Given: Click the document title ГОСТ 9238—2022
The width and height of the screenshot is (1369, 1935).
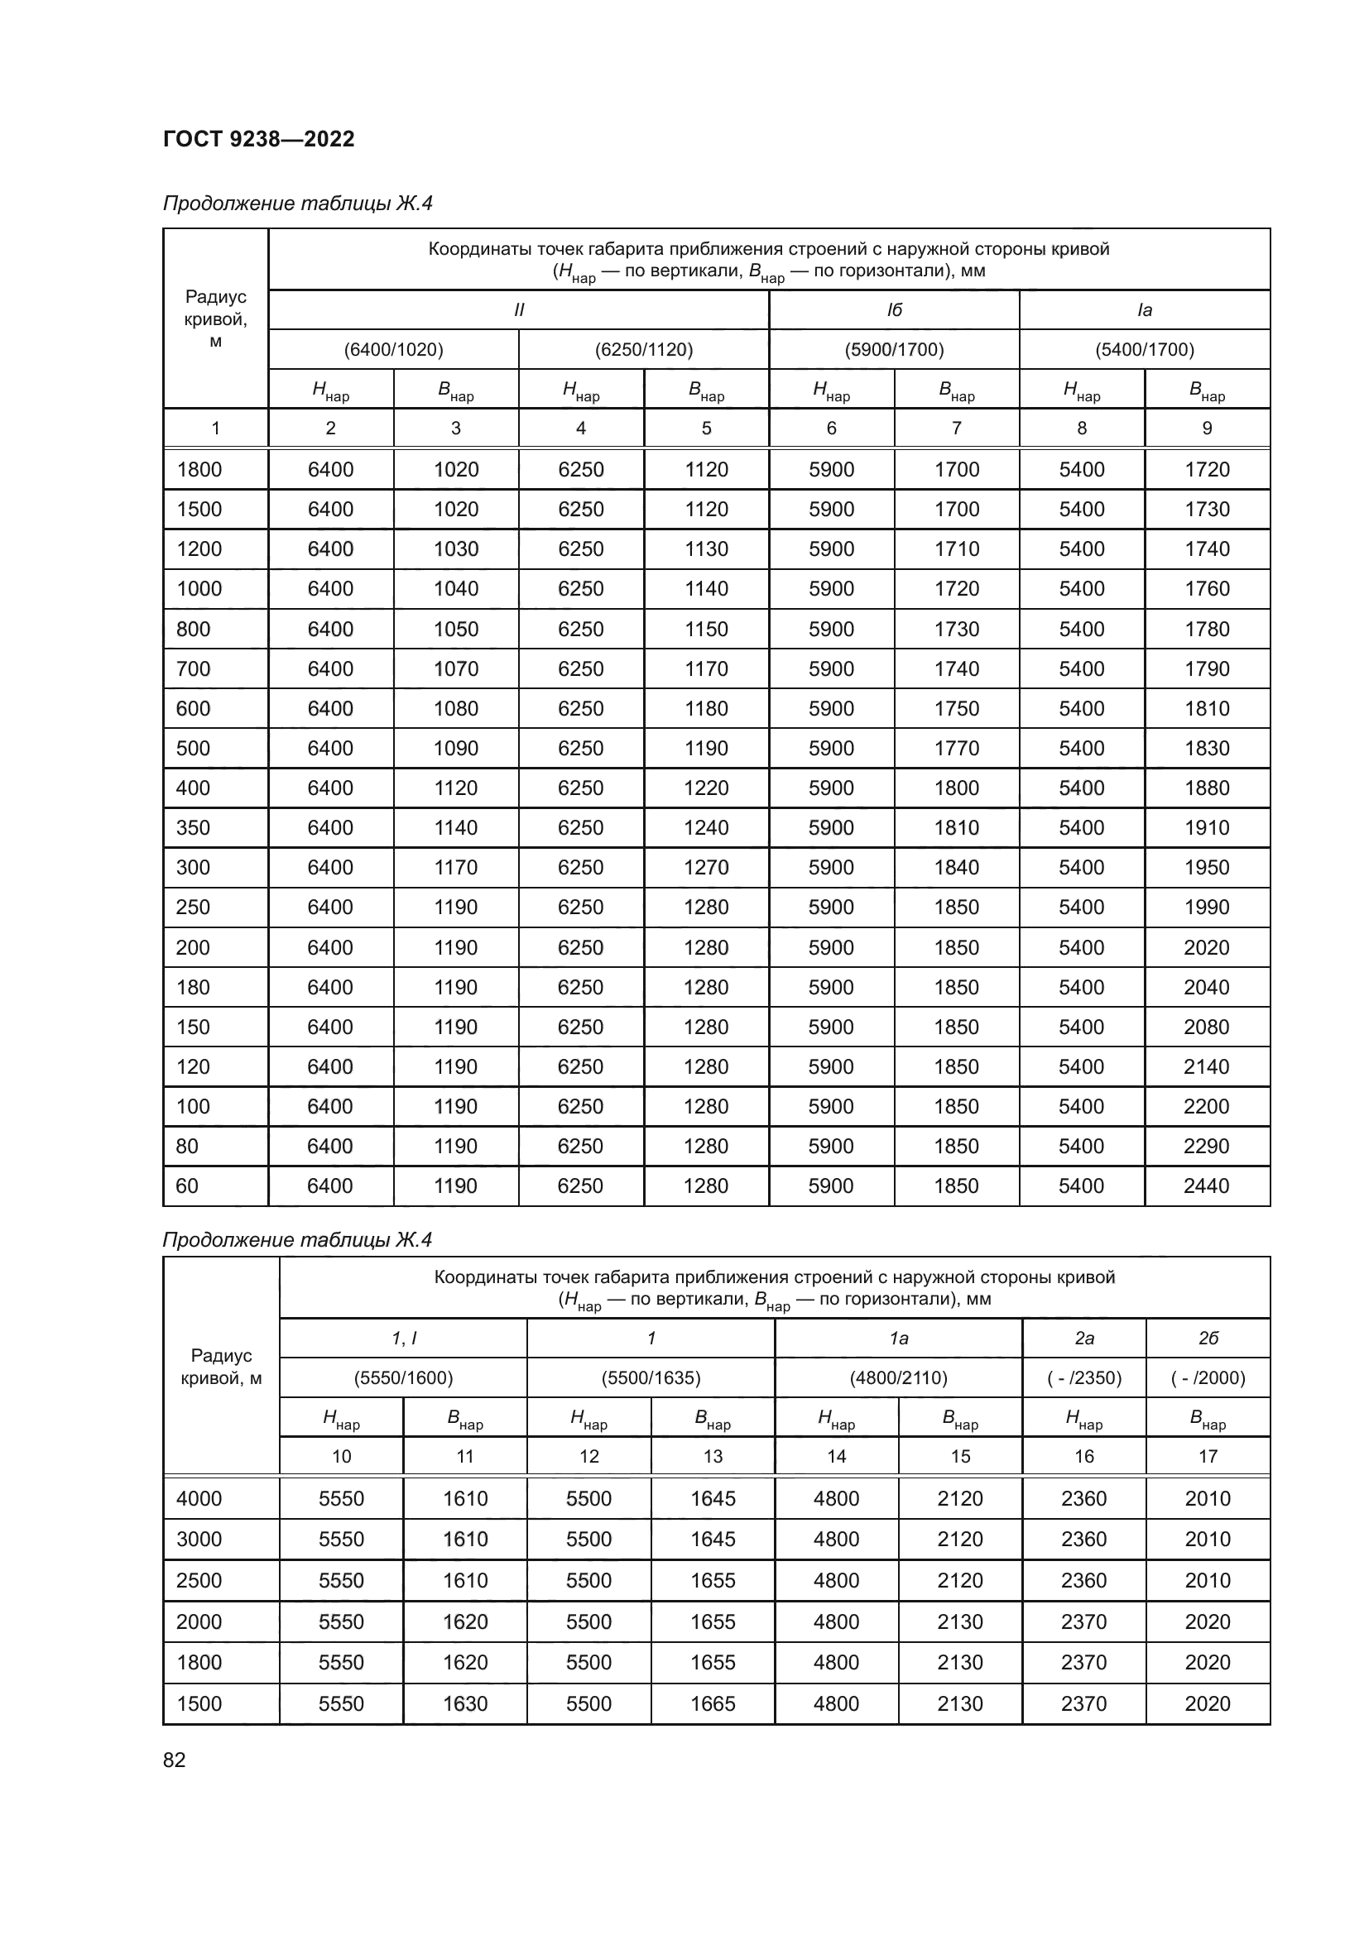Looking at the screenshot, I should (x=259, y=139).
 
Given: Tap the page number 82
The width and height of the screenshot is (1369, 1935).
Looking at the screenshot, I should (x=174, y=1760).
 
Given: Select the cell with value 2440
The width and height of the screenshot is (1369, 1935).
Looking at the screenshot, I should (x=1206, y=1185).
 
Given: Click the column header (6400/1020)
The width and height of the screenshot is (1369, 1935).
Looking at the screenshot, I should (x=393, y=349).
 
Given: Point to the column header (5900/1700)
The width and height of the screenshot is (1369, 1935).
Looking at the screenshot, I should (x=894, y=349).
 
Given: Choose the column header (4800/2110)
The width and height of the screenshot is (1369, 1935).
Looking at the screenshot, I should (x=898, y=1378).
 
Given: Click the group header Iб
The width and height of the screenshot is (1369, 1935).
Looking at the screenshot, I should (x=894, y=310).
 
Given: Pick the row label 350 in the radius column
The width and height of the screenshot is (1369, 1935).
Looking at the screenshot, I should (x=193, y=827).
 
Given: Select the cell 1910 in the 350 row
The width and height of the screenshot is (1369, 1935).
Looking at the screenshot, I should (x=1206, y=827).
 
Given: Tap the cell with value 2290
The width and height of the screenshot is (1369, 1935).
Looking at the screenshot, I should (x=1206, y=1146).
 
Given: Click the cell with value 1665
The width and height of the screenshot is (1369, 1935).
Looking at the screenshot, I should (x=713, y=1703).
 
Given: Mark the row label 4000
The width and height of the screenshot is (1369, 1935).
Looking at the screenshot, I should (x=199, y=1498).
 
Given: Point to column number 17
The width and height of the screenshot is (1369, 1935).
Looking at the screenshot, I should (x=1207, y=1456).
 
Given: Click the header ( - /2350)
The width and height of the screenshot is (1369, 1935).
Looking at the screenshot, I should (x=1083, y=1378).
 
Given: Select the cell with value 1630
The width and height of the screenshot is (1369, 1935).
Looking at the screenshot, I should (x=465, y=1703).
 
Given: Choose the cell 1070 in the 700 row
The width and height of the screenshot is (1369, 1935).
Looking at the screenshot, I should (x=455, y=668).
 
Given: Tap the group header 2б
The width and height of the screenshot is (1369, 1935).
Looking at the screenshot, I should (x=1207, y=1339).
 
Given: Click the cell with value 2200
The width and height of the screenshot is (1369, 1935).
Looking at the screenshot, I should (x=1206, y=1106).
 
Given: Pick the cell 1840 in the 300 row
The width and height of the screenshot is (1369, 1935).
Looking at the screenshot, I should (x=956, y=867).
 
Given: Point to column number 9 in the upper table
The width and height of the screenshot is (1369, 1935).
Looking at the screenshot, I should (x=1206, y=429).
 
